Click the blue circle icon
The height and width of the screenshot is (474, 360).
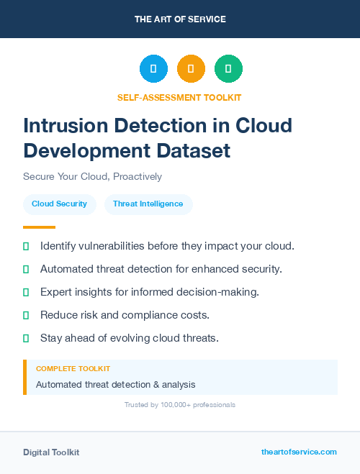(153, 69)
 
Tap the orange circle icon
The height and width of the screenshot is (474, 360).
(191, 69)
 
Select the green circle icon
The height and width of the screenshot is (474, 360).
(228, 69)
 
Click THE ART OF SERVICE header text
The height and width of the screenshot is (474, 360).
(180, 19)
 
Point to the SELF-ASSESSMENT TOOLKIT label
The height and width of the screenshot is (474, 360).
(179, 97)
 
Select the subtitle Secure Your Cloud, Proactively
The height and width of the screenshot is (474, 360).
(92, 176)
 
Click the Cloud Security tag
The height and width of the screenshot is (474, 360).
(59, 204)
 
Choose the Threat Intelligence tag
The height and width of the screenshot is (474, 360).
(148, 204)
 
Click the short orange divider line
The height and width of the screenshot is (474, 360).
(39, 227)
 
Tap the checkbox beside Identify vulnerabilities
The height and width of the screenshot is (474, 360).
(26, 246)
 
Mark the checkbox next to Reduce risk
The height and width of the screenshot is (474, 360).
(26, 315)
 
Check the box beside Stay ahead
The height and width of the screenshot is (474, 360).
(26, 338)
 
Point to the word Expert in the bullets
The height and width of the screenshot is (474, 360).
(55, 292)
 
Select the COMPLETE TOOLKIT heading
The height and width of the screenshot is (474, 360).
(73, 368)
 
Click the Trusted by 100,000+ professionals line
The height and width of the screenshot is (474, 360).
(180, 405)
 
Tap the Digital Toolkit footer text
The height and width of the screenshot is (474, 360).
(51, 452)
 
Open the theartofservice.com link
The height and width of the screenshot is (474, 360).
(299, 452)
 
